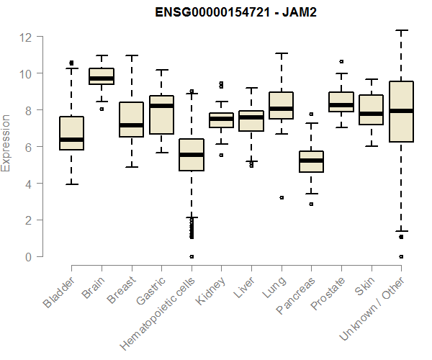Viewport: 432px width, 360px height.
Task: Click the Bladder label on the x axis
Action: pyautogui.click(x=58, y=293)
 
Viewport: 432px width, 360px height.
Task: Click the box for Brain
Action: pyautogui.click(x=102, y=76)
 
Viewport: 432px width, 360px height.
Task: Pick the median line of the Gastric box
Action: pyautogui.click(x=161, y=106)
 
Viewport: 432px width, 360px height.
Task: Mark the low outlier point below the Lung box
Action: pyautogui.click(x=282, y=197)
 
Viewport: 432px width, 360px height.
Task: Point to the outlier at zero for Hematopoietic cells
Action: pyautogui.click(x=192, y=256)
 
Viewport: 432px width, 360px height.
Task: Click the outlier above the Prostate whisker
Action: pyautogui.click(x=341, y=62)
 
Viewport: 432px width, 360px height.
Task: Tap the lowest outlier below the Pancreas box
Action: pyautogui.click(x=311, y=204)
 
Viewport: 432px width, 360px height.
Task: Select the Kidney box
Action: pyautogui.click(x=221, y=120)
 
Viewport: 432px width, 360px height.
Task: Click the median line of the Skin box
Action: pyautogui.click(x=371, y=114)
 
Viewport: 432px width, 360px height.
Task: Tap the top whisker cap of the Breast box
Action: pyautogui.click(x=131, y=55)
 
